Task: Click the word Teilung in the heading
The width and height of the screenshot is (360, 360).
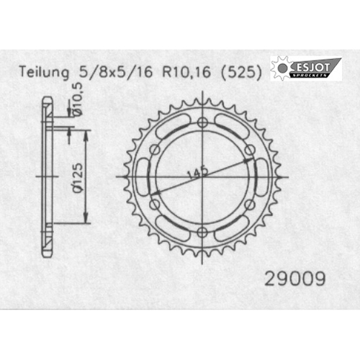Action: pyautogui.click(x=44, y=72)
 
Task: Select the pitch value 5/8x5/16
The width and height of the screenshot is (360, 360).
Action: pyautogui.click(x=116, y=72)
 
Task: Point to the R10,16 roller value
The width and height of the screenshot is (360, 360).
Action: pyautogui.click(x=186, y=72)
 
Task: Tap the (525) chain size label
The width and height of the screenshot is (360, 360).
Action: pyautogui.click(x=241, y=72)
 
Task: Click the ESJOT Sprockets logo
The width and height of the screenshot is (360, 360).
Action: pyautogui.click(x=306, y=68)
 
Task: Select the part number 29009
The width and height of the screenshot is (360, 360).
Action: pyautogui.click(x=295, y=279)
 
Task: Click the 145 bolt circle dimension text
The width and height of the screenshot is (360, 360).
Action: pyautogui.click(x=198, y=172)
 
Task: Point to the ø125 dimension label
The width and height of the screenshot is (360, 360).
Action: pyautogui.click(x=78, y=178)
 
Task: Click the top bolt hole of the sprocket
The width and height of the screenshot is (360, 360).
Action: pyautogui.click(x=202, y=122)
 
